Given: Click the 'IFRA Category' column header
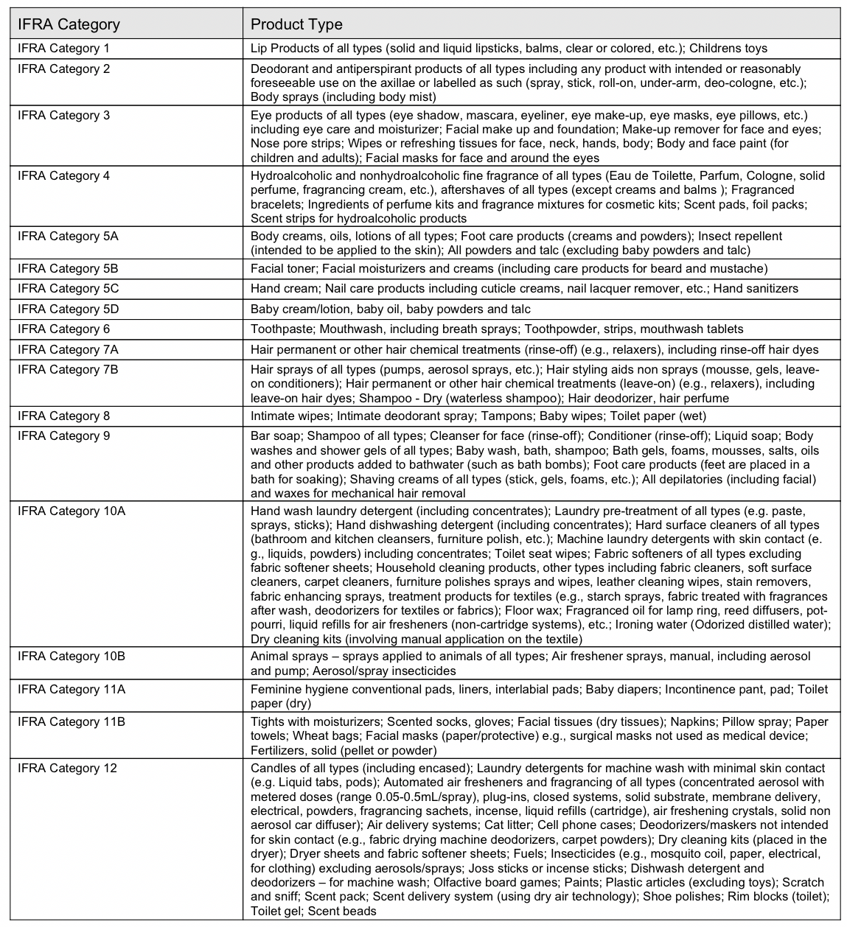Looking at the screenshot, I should coord(69,24).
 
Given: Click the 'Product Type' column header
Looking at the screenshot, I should coord(296,24).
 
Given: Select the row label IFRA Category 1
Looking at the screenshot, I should coord(63,49).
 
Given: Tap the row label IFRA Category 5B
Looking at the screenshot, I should coord(68,269).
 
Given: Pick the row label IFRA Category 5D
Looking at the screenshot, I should coord(68,309).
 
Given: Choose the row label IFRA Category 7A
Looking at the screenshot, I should coord(68,349).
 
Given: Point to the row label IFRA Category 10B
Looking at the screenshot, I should coord(72,657).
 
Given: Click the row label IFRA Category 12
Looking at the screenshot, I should coord(67,769).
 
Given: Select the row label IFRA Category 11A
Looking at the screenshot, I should coord(72,690).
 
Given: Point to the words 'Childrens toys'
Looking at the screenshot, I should coord(728,49).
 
